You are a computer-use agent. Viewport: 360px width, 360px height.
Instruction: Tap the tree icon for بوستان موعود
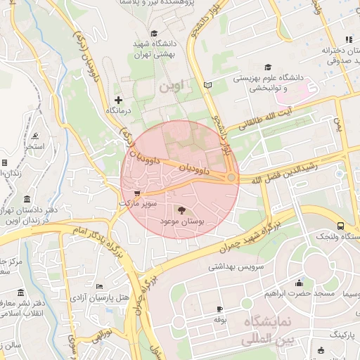(x=182, y=210)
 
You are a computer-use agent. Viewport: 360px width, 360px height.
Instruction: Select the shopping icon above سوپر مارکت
(x=137, y=192)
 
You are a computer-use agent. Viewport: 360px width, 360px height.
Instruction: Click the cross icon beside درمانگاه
(x=118, y=100)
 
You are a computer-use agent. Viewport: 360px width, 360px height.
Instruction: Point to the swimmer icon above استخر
(x=34, y=136)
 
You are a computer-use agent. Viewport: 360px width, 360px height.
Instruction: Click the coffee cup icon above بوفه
(x=219, y=309)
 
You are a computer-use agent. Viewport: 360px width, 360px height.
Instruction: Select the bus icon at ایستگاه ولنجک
(x=340, y=226)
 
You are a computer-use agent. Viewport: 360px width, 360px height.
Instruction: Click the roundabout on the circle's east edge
(x=231, y=178)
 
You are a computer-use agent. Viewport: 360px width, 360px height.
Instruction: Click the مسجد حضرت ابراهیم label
(x=293, y=292)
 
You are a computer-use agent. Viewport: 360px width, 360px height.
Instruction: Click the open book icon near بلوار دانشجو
(x=207, y=85)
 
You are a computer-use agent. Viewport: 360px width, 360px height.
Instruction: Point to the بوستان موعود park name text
(x=182, y=221)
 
